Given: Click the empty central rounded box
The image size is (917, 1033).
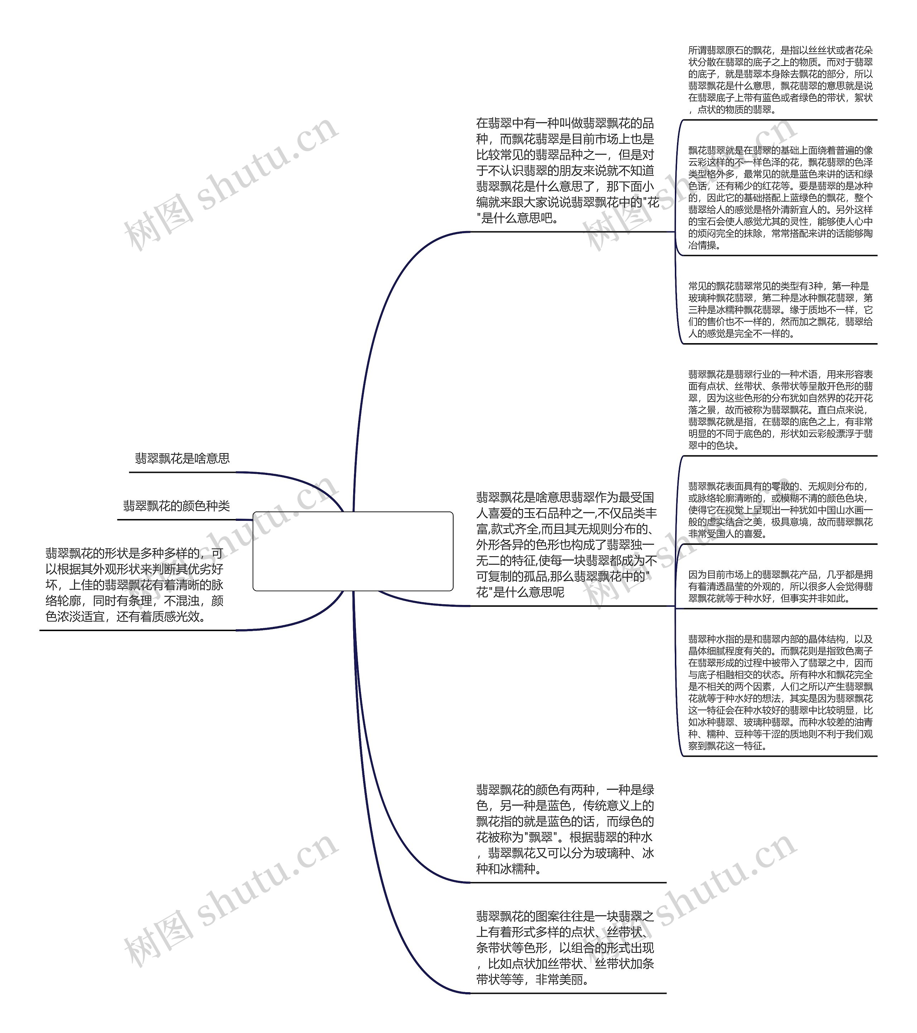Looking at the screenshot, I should coord(352,551).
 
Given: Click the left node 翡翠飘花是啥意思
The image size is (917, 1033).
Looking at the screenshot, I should coord(182,458).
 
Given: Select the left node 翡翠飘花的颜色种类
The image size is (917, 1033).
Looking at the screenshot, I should coord(177,506).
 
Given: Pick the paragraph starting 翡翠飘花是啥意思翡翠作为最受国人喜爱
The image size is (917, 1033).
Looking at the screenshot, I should coord(566,544).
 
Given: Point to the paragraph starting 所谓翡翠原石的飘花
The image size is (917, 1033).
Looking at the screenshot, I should coord(780,80).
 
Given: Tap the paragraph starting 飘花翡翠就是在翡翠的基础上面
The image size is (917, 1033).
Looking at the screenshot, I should coord(780,198).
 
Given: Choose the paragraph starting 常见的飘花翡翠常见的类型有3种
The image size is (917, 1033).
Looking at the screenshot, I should coord(780,310).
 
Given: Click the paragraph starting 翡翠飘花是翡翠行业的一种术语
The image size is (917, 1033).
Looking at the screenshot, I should coord(780,410).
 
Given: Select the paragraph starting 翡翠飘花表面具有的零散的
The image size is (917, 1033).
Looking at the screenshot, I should coord(780,510).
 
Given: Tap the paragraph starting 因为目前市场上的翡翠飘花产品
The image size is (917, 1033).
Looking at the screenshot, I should coord(780,586).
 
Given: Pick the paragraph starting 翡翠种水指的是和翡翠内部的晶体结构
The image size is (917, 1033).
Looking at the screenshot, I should coord(780,692).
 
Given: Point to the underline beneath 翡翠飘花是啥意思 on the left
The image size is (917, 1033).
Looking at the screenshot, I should coord(182,472).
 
